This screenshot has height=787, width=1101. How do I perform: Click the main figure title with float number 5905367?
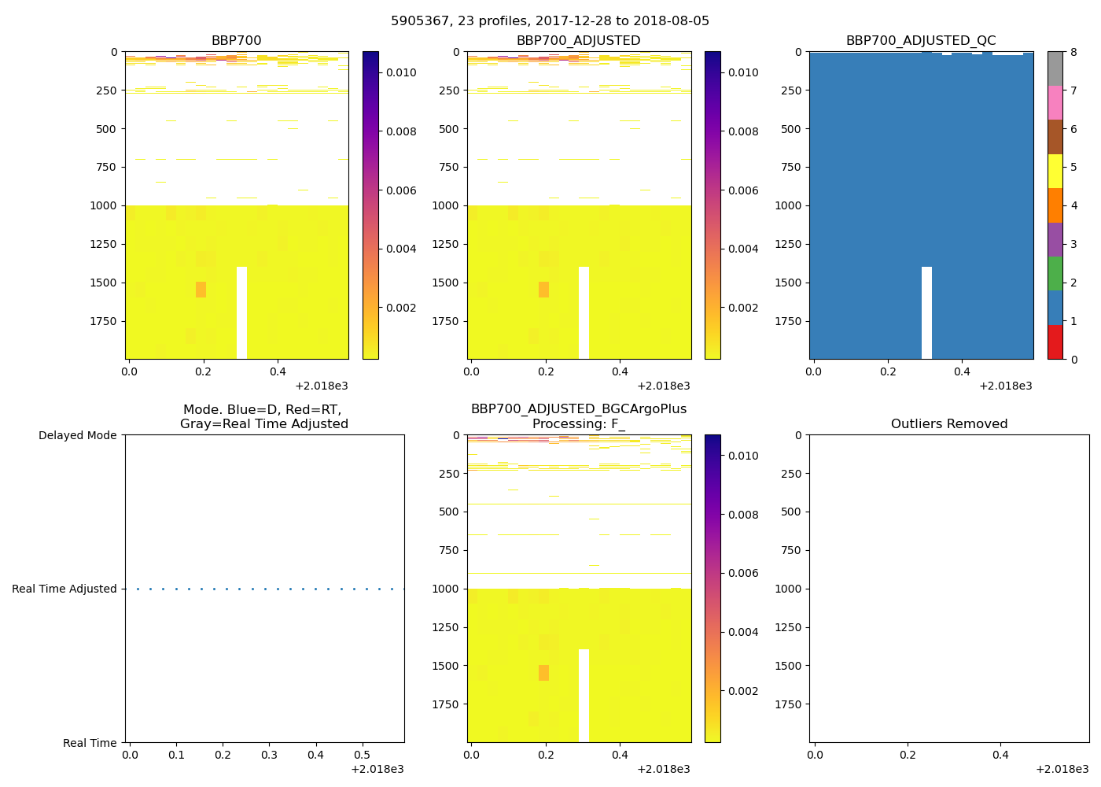click(x=550, y=21)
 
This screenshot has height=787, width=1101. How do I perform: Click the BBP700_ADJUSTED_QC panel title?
click(x=920, y=41)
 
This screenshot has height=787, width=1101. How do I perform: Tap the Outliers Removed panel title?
click(x=948, y=424)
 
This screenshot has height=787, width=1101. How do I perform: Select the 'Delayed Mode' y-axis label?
click(x=77, y=436)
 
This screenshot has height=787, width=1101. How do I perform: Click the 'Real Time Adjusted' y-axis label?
click(x=64, y=589)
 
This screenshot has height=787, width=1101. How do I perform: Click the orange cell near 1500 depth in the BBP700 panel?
click(x=201, y=290)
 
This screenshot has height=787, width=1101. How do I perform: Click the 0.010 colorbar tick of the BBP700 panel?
click(x=401, y=72)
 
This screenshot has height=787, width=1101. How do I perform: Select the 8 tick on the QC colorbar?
click(x=1073, y=53)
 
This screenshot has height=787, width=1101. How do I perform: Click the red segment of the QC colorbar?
click(x=1055, y=342)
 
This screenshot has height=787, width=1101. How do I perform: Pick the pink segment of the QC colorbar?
click(x=1055, y=103)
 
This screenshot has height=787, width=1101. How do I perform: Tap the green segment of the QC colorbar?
click(x=1055, y=274)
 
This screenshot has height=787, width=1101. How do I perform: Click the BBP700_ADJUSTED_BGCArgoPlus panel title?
click(x=578, y=416)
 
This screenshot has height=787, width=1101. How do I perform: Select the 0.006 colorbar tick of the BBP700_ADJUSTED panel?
click(x=743, y=190)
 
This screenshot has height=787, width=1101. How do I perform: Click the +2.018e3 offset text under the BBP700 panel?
click(x=321, y=386)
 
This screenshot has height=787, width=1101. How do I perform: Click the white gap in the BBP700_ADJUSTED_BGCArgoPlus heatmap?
click(x=584, y=696)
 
